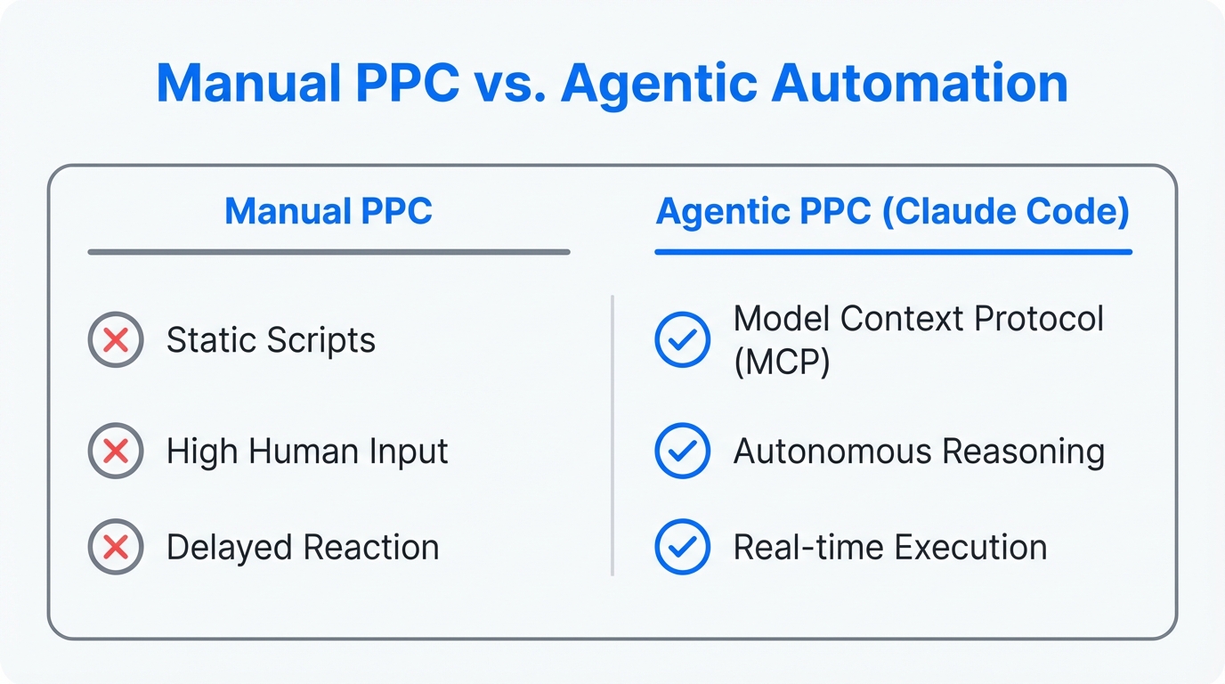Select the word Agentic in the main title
tap(660, 85)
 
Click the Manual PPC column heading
tap(329, 212)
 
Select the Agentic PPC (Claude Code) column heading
tap(893, 212)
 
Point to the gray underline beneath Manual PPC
tap(329, 252)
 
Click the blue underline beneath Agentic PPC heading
tap(893, 252)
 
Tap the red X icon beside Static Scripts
tap(116, 340)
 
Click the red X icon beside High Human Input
tap(116, 452)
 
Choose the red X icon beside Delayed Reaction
tap(116, 547)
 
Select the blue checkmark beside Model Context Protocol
tap(682, 340)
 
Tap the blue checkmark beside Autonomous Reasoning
tap(682, 452)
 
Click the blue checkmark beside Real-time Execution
tap(682, 547)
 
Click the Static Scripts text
tap(271, 340)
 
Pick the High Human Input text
tap(307, 452)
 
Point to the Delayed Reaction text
tap(303, 547)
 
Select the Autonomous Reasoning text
tap(919, 452)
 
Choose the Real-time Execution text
tap(890, 547)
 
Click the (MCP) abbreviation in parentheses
tap(782, 363)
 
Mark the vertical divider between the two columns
tap(612, 436)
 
